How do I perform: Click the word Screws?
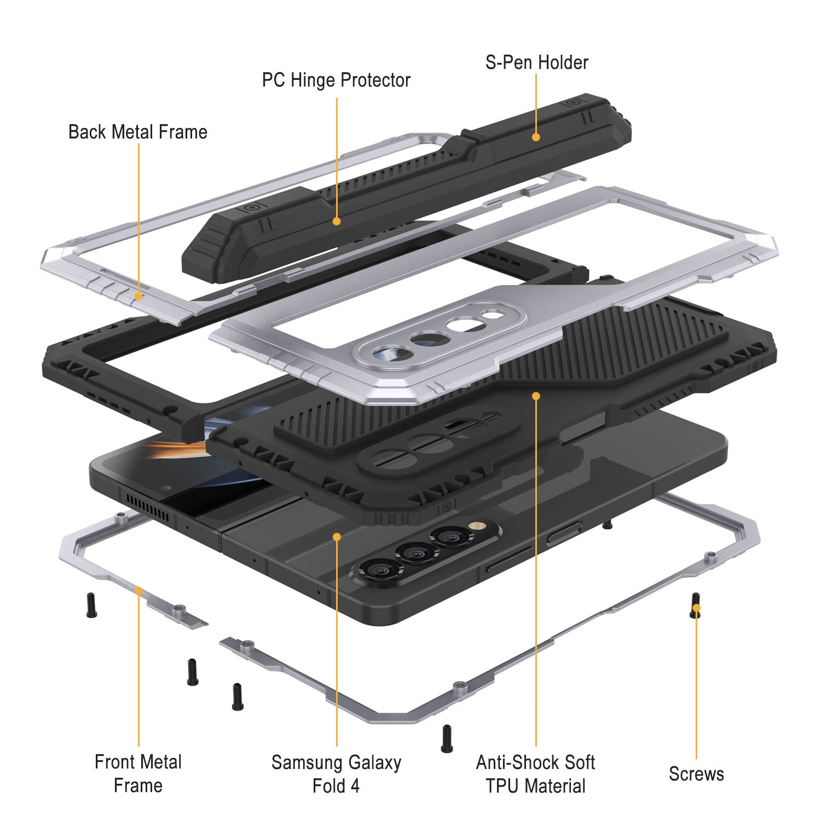pos(696,774)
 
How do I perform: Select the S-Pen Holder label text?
pos(536,62)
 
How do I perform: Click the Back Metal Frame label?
pos(138,132)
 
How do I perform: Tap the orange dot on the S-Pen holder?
pos(536,137)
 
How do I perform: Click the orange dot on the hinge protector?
pos(337,221)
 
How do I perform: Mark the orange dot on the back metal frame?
pos(139,296)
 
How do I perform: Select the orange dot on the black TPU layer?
pos(536,395)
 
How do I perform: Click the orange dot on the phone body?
pos(337,537)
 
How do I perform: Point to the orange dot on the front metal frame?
pos(139,591)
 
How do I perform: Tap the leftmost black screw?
pos(91,605)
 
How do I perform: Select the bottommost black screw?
pos(447,738)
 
